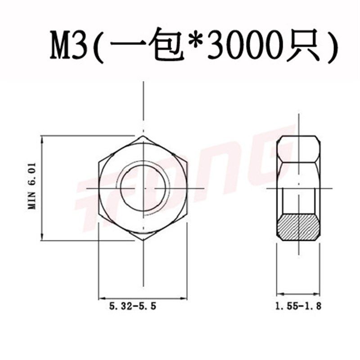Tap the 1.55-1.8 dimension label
pos(298,306)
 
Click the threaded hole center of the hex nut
pos(143,188)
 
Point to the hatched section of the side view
pos(298,227)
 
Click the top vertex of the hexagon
pos(143,136)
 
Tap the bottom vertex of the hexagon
pos(143,240)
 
